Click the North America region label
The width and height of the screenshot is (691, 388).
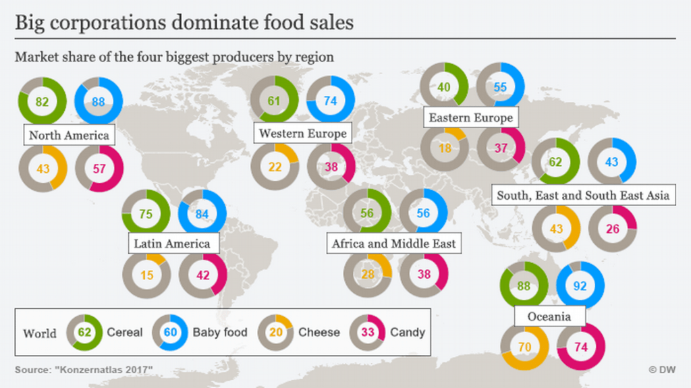point(69,135)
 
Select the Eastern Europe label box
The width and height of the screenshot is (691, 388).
point(470,118)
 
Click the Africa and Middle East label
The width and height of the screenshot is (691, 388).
point(393,243)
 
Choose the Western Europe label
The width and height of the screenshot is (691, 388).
point(302,133)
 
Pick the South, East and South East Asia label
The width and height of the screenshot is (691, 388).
point(583,195)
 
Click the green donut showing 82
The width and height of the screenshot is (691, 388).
point(43,102)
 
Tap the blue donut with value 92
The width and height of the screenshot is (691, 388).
point(580,285)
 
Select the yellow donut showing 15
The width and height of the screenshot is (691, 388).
point(146,275)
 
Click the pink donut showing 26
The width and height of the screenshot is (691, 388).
point(612,229)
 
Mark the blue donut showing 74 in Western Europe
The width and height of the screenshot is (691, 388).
point(331,101)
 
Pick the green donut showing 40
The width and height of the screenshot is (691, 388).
point(443,87)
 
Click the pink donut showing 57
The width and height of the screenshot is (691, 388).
point(99,169)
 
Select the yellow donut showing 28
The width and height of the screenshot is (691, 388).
point(367,275)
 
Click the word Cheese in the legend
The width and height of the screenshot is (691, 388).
point(319,332)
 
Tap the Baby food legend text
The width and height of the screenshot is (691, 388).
point(220,332)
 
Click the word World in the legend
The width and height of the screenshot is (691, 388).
point(40,333)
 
